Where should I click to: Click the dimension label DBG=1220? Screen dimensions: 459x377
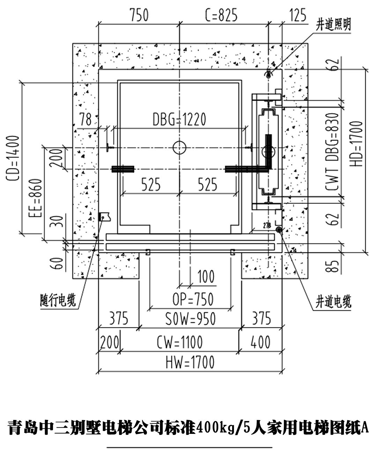(179, 119)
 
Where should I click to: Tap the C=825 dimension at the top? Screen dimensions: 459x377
(221, 16)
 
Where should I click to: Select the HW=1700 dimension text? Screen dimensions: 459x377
(190, 362)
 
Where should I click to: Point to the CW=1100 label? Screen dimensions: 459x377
(179, 342)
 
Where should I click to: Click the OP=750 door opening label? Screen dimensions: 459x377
(193, 299)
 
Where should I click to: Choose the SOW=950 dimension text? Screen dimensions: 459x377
(190, 319)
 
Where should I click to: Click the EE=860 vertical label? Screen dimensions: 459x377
(36, 198)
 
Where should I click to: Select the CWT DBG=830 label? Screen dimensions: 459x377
(332, 152)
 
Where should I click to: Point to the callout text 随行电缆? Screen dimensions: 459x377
(58, 300)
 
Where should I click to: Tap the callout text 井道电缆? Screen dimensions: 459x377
(333, 302)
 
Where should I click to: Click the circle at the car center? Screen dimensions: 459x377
(179, 148)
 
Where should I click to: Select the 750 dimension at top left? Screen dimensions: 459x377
(139, 16)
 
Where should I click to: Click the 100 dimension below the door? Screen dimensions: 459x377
(206, 277)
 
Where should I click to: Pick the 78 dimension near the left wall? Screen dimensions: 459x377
(86, 120)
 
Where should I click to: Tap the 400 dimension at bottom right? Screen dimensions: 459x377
(260, 342)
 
